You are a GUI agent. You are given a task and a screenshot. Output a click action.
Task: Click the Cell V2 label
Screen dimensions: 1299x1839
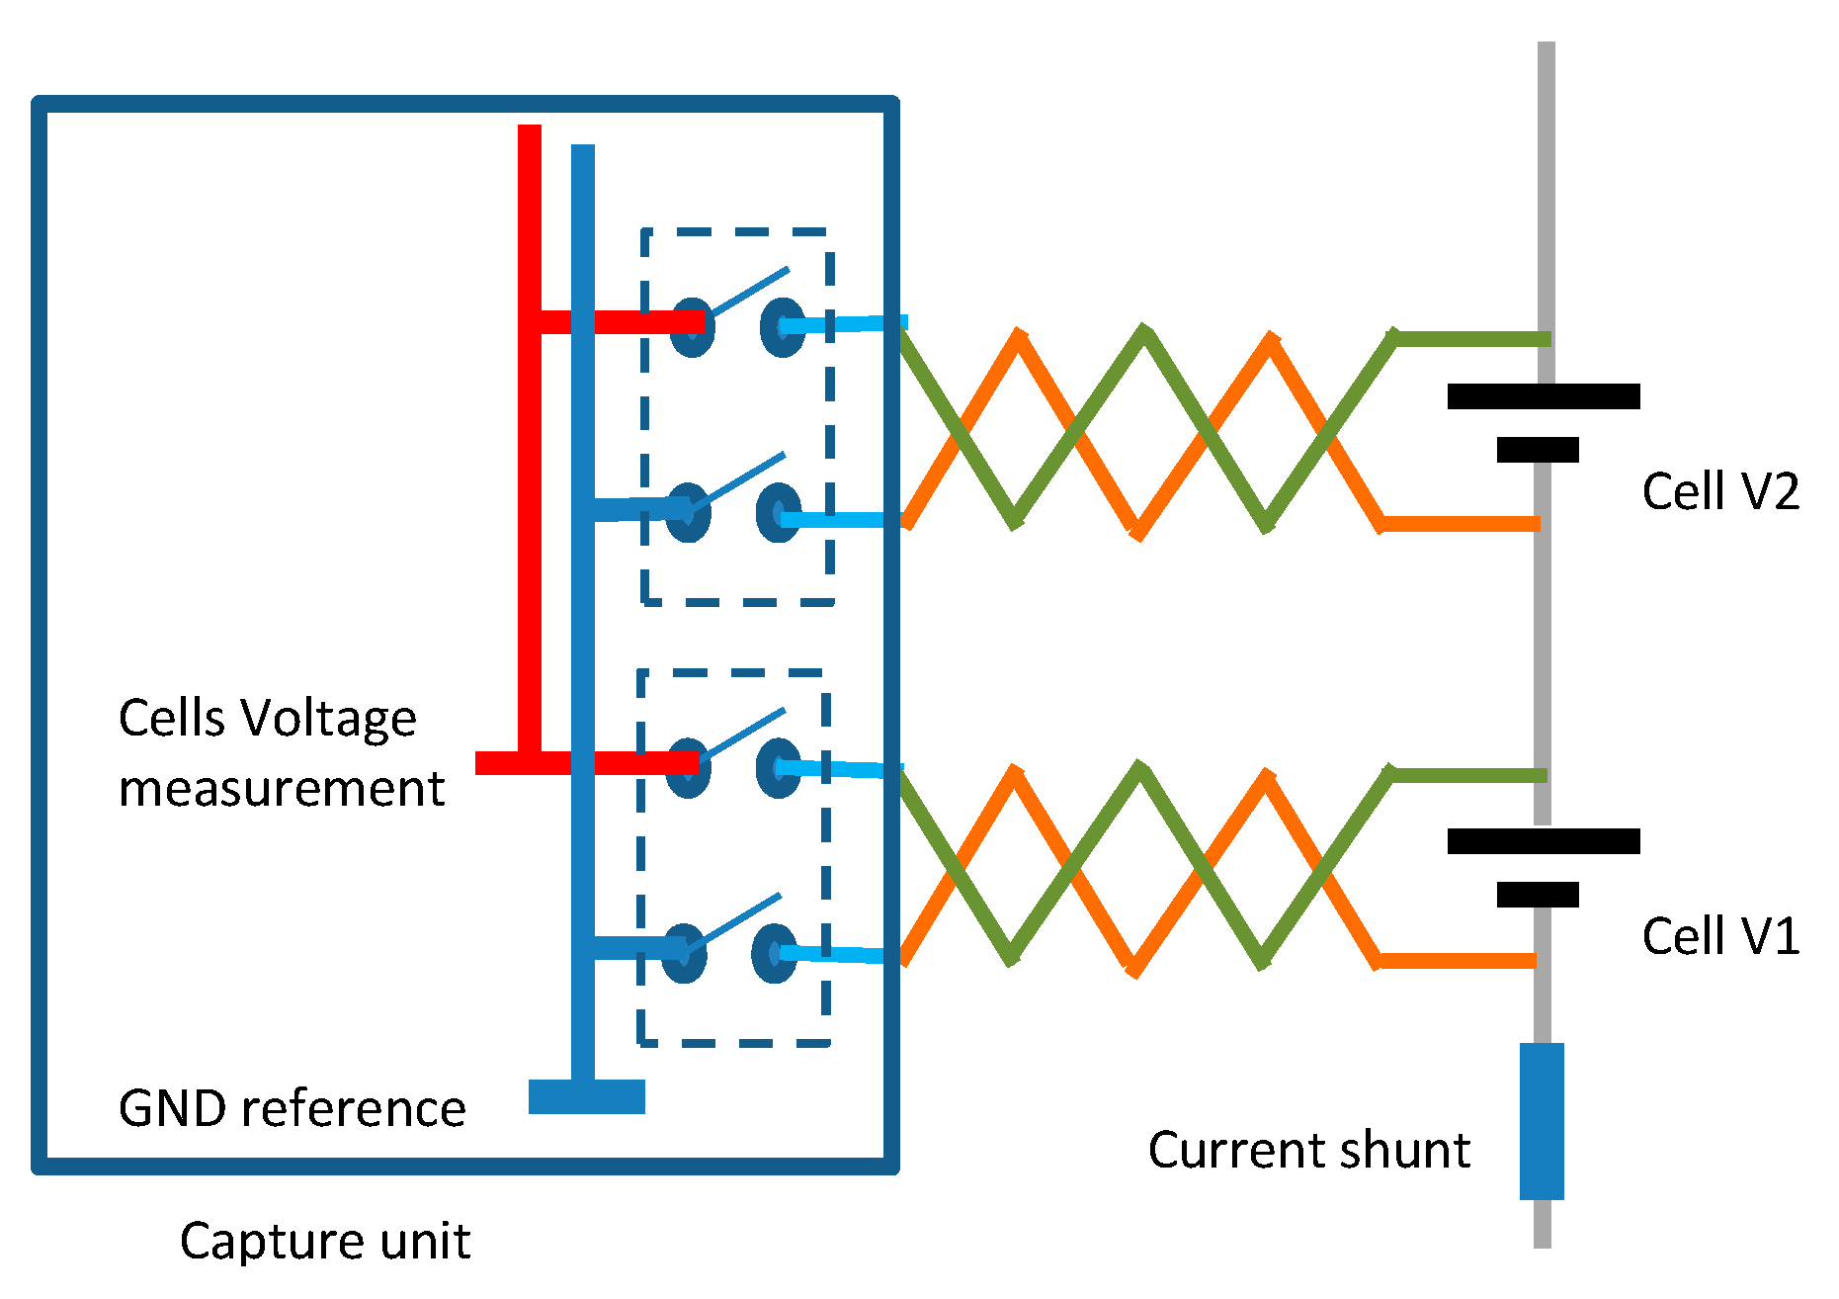click(x=1719, y=491)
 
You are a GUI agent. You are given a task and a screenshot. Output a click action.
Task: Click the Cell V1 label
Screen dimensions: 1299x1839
click(x=1719, y=935)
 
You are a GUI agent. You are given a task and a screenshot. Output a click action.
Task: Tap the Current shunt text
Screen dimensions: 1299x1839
click(x=1308, y=1150)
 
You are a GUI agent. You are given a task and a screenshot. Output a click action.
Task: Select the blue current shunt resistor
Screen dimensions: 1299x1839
click(x=1542, y=1121)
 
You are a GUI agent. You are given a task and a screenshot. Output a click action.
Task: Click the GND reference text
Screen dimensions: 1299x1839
click(x=292, y=1108)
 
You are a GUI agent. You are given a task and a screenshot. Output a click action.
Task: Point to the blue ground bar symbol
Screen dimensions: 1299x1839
click(x=586, y=1096)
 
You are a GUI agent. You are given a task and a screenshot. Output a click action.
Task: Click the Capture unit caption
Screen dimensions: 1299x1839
click(x=324, y=1241)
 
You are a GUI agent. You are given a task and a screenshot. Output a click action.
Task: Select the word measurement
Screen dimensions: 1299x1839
click(x=282, y=789)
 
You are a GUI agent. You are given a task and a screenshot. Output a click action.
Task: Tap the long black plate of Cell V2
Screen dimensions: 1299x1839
click(x=1543, y=396)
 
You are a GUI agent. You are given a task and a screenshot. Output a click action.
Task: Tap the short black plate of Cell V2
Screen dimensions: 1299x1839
click(x=1538, y=450)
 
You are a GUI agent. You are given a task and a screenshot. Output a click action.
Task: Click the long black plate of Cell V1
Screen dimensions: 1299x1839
click(x=1543, y=841)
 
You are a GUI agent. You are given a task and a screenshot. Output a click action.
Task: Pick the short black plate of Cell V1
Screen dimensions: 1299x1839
click(x=1538, y=895)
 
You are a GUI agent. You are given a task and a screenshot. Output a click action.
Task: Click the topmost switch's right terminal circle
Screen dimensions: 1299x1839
click(x=783, y=327)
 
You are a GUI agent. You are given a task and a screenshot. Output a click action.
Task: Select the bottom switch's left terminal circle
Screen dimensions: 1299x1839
click(x=684, y=953)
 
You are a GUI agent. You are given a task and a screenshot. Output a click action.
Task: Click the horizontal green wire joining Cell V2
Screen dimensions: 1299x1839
click(x=1472, y=339)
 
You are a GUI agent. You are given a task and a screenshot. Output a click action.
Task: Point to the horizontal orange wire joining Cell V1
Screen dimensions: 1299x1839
click(x=1458, y=960)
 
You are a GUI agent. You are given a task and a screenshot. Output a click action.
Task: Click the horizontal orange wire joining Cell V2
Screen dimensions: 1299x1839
click(x=1461, y=524)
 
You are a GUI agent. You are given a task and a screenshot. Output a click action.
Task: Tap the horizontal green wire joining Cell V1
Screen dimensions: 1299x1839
click(x=1468, y=775)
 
